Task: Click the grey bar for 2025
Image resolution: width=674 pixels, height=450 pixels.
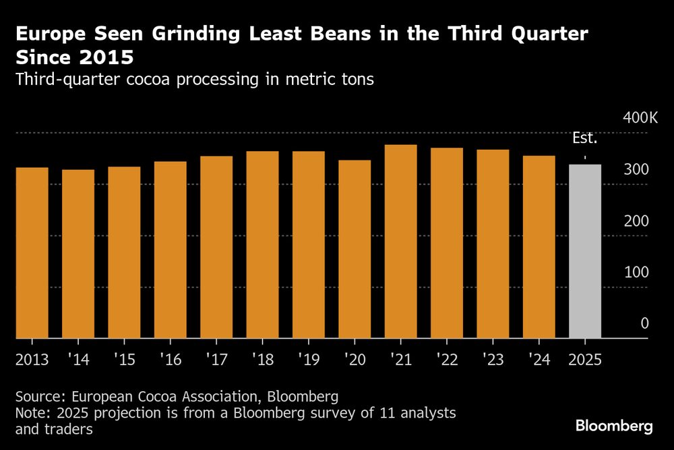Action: [x=585, y=251]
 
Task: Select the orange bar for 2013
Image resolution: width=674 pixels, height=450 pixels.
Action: [x=32, y=253]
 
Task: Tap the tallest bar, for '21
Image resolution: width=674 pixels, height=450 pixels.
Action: [x=400, y=242]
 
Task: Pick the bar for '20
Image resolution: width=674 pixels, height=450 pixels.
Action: [x=355, y=249]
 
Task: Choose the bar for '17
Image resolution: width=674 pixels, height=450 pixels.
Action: [x=216, y=247]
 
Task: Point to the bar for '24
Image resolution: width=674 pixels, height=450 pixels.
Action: [x=539, y=247]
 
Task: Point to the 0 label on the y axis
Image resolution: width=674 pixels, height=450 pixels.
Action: [x=644, y=324]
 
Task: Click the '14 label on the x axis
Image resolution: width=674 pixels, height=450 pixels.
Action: [x=79, y=358]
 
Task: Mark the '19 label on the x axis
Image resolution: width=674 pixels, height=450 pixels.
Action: [x=309, y=358]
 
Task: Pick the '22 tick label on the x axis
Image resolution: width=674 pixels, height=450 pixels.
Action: [x=447, y=358]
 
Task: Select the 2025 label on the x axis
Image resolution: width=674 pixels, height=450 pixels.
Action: [x=585, y=358]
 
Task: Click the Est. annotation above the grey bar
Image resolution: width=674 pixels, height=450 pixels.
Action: [x=584, y=139]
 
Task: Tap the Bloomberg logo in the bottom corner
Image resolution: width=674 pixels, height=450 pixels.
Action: [x=614, y=426]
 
